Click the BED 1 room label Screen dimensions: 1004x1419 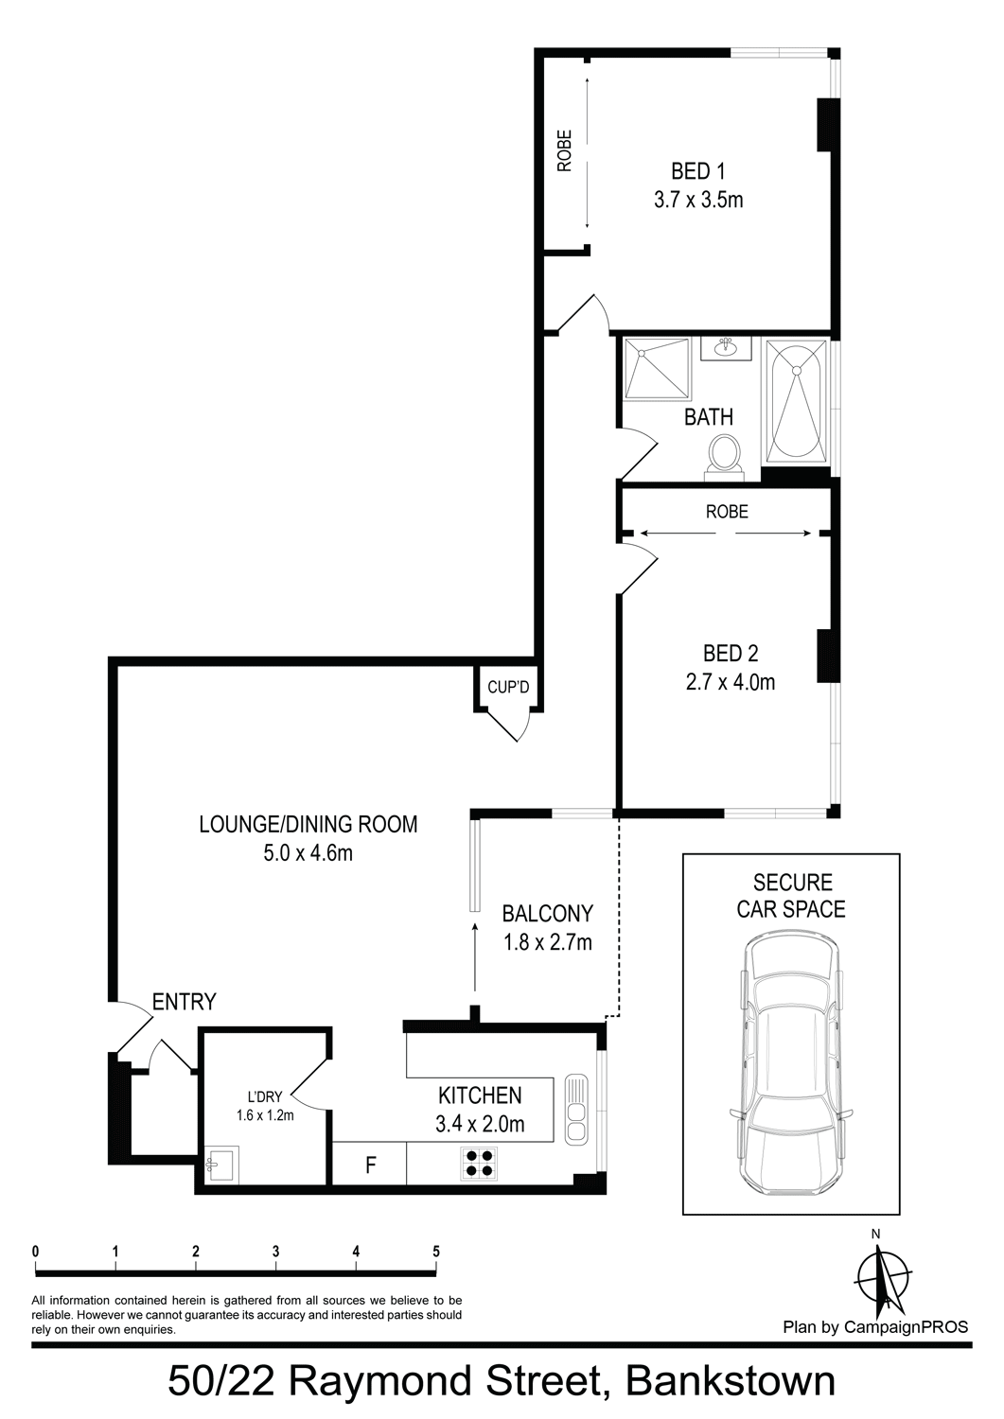[697, 171]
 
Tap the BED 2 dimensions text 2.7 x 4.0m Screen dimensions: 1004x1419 [731, 682]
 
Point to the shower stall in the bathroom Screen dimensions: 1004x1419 [656, 369]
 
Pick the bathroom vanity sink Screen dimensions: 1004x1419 [726, 348]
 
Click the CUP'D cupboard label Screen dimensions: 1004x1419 [508, 687]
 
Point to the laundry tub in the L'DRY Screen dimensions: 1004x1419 [220, 1163]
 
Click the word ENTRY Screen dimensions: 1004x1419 [185, 1002]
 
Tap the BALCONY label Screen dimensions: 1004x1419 [548, 914]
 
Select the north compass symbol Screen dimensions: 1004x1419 [885, 1276]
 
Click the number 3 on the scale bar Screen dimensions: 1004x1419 [275, 1252]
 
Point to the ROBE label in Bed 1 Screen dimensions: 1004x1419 [564, 150]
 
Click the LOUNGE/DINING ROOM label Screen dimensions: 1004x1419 [308, 824]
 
